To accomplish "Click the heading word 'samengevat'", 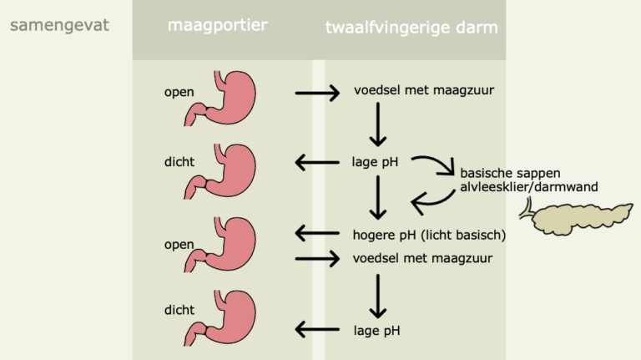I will pyautogui.click(x=59, y=25).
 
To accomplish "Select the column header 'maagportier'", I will pyautogui.click(x=218, y=25).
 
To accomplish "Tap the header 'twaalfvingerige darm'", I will pyautogui.click(x=411, y=28).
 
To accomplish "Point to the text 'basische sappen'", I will pyautogui.click(x=510, y=173).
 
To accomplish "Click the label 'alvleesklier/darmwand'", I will pyautogui.click(x=528, y=187).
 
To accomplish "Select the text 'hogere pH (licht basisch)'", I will pyautogui.click(x=430, y=235).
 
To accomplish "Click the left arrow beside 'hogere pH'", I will pyautogui.click(x=317, y=234).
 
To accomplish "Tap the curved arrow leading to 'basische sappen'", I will pyautogui.click(x=435, y=165).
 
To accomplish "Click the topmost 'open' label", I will pyautogui.click(x=179, y=92).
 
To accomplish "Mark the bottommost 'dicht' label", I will pyautogui.click(x=179, y=310).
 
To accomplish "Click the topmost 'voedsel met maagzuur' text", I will pyautogui.click(x=424, y=91).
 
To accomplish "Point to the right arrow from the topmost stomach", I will pyautogui.click(x=317, y=93).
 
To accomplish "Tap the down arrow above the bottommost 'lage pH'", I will pyautogui.click(x=379, y=293).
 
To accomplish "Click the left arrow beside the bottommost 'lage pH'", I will pyautogui.click(x=317, y=330).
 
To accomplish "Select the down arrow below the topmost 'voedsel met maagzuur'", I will pyautogui.click(x=379, y=124).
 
